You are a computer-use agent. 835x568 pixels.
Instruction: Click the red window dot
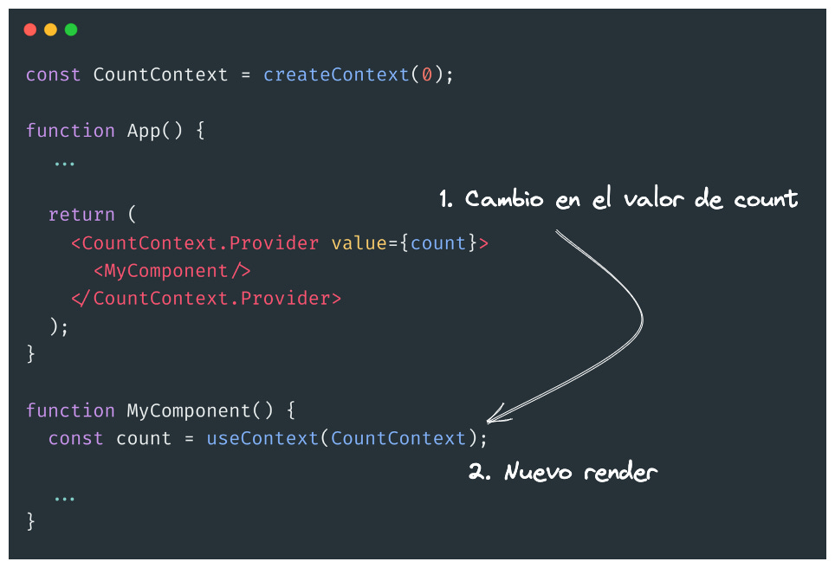coord(30,29)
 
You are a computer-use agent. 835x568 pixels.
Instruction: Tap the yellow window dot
coord(50,29)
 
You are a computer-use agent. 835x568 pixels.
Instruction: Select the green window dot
coord(71,29)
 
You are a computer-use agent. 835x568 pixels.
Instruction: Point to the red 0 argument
coord(426,74)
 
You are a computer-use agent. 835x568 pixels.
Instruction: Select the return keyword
coord(81,215)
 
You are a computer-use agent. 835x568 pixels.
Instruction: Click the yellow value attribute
coord(359,243)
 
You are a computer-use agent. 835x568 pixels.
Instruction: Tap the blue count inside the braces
coord(438,243)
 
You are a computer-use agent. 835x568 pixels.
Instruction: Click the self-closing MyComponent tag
coord(172,271)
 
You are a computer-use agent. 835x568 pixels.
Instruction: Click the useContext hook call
coord(262,439)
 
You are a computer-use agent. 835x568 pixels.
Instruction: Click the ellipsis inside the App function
coord(64,162)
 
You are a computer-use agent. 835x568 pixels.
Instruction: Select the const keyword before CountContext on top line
coord(54,74)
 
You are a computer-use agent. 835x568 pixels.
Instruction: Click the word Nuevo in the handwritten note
coord(538,473)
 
